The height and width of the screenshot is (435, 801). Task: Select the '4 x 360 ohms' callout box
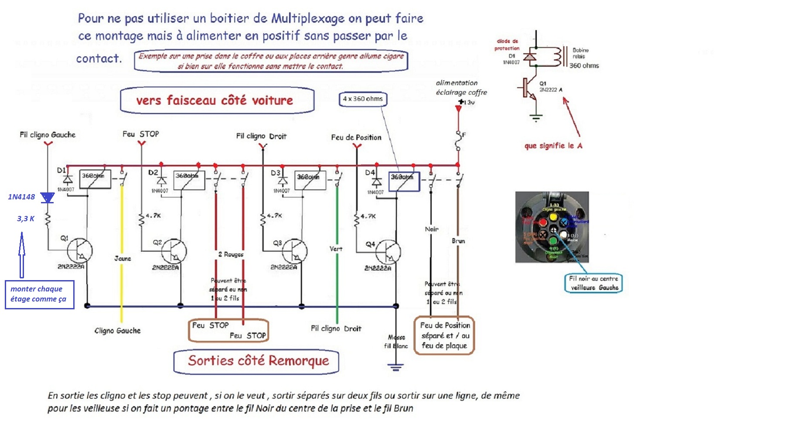363,99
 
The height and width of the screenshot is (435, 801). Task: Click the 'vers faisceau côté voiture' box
217,100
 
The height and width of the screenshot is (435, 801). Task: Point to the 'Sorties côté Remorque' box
256,361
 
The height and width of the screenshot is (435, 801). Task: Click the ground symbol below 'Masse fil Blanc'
395,367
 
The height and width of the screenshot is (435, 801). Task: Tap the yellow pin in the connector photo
553,216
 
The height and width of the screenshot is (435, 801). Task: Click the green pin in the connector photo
553,240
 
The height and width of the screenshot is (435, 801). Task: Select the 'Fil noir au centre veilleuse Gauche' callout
593,283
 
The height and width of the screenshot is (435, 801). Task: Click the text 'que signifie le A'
553,146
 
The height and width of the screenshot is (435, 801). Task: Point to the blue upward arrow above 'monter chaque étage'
21,255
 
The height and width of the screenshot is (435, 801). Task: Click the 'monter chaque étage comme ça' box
39,295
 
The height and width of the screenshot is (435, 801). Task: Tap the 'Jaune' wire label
123,258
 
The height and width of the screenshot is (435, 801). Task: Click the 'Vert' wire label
336,249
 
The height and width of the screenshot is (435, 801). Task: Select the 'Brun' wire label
458,241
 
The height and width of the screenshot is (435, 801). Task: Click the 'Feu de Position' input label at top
356,137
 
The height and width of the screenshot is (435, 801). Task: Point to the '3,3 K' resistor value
26,219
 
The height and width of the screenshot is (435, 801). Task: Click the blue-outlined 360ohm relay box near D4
404,182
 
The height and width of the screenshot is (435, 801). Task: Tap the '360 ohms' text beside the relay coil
584,65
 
